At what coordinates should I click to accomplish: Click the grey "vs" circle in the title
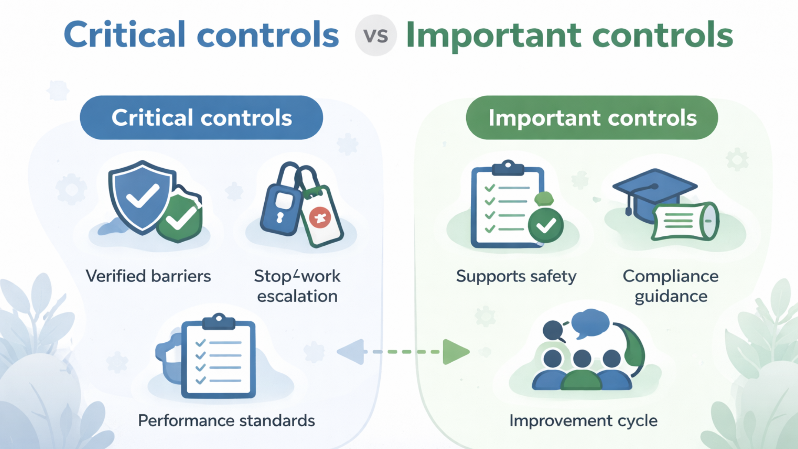click(376, 35)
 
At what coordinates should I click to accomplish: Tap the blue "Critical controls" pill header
click(201, 118)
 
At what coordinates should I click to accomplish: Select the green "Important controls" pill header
click(592, 118)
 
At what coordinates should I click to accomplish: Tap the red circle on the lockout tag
click(320, 217)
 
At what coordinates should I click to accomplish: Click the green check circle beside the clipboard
click(546, 225)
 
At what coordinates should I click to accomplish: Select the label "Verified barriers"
click(148, 276)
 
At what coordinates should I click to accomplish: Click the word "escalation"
click(297, 296)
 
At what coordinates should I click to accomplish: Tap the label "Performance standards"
click(227, 421)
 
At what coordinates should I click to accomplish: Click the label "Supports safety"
click(516, 276)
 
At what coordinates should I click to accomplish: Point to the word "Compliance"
click(671, 276)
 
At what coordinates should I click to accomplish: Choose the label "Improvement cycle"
click(584, 421)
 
